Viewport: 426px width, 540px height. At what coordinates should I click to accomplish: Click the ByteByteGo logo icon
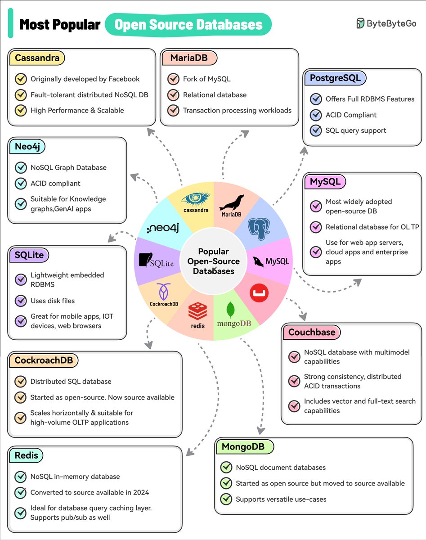[x=360, y=23]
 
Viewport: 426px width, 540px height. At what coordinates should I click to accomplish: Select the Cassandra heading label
[x=36, y=58]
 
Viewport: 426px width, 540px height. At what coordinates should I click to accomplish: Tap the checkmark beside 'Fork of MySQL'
[x=173, y=79]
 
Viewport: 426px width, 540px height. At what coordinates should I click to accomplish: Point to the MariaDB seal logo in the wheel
[x=231, y=203]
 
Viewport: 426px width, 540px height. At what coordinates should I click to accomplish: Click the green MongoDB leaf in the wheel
[x=231, y=310]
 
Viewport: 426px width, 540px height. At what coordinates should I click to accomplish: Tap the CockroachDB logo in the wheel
[x=164, y=292]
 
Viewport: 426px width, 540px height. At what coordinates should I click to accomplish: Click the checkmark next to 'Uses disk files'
[x=21, y=301]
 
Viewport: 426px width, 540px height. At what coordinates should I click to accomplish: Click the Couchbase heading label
[x=312, y=332]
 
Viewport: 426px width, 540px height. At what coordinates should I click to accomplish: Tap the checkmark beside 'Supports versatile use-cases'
[x=226, y=499]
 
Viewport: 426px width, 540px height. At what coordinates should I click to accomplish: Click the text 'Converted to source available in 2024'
[x=90, y=492]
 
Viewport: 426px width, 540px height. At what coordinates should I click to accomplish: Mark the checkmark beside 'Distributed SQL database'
[x=21, y=381]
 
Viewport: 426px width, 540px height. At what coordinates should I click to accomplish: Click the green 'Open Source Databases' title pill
[x=188, y=24]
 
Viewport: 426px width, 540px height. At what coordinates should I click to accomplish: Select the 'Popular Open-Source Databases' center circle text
[x=214, y=261]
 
